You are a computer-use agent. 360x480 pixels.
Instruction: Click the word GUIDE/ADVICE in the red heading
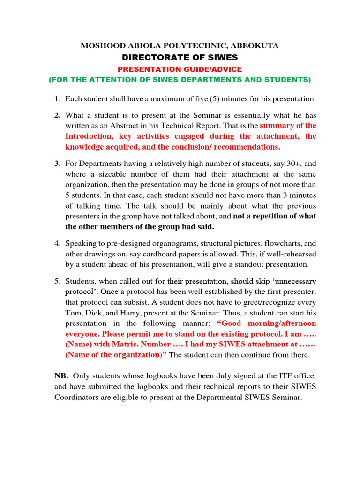coord(211,69)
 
